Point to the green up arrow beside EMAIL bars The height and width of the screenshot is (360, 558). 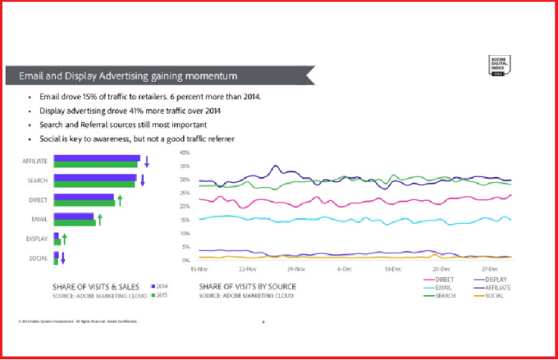(99, 218)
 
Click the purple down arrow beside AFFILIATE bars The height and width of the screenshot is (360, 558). (145, 160)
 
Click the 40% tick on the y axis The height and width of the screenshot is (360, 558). (185, 153)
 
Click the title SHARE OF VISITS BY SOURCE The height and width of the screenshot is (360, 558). (247, 285)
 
